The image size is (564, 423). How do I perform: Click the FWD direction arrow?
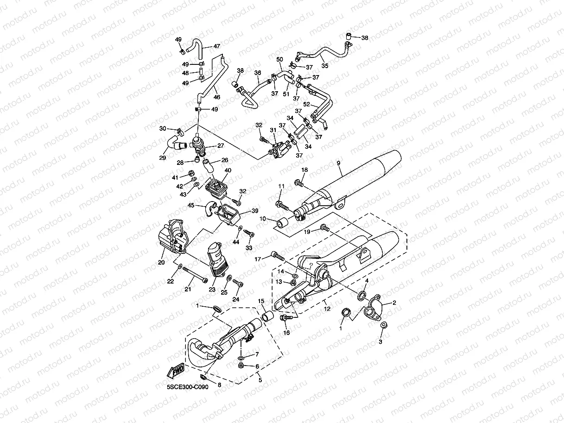[x=176, y=371]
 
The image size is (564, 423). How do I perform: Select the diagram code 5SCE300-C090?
[x=188, y=387]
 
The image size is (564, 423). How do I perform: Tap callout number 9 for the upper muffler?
[x=338, y=163]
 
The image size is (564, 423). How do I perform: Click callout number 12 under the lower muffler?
[x=327, y=309]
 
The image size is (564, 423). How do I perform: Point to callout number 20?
[x=161, y=262]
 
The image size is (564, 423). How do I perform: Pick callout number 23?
[x=212, y=290]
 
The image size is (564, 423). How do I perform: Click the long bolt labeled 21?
[x=195, y=275]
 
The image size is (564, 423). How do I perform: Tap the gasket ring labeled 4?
[x=362, y=296]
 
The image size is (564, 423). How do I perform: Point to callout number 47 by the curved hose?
[x=217, y=46]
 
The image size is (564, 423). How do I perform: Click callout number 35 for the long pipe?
[x=325, y=66]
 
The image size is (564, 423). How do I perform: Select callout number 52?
[x=306, y=104]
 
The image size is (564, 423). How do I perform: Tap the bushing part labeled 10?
[x=282, y=223]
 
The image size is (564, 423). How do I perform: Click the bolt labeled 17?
[x=278, y=256]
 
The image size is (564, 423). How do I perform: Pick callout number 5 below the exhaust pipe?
[x=260, y=380]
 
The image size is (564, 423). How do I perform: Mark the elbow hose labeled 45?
[x=211, y=208]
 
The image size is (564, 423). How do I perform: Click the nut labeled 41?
[x=191, y=173]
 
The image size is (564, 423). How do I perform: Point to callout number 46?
[x=217, y=97]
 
